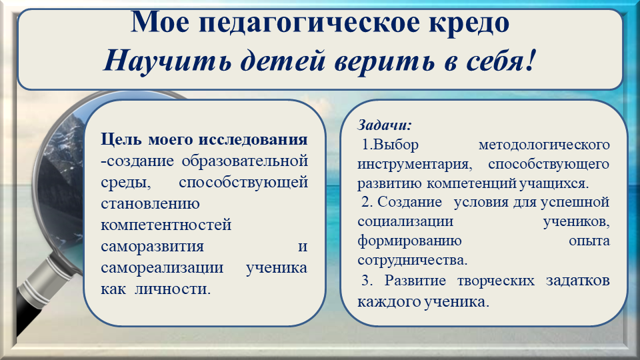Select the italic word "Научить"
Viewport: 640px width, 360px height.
coord(167,61)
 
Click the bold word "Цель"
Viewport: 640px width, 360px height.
coord(121,139)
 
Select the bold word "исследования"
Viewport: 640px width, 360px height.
coord(253,139)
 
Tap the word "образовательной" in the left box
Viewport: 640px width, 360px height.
coord(245,161)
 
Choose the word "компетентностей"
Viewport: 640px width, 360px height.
coord(166,225)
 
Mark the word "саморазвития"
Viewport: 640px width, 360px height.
coord(152,246)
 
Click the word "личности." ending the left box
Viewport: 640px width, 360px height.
coord(173,289)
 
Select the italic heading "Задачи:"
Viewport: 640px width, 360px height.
coord(385,125)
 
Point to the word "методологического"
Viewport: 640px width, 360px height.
coord(544,145)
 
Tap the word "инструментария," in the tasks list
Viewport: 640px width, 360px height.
coord(415,164)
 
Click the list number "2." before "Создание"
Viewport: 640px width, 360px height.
coord(366,201)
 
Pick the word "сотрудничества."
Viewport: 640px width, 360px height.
coord(412,260)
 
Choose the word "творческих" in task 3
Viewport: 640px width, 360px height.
coord(495,281)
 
